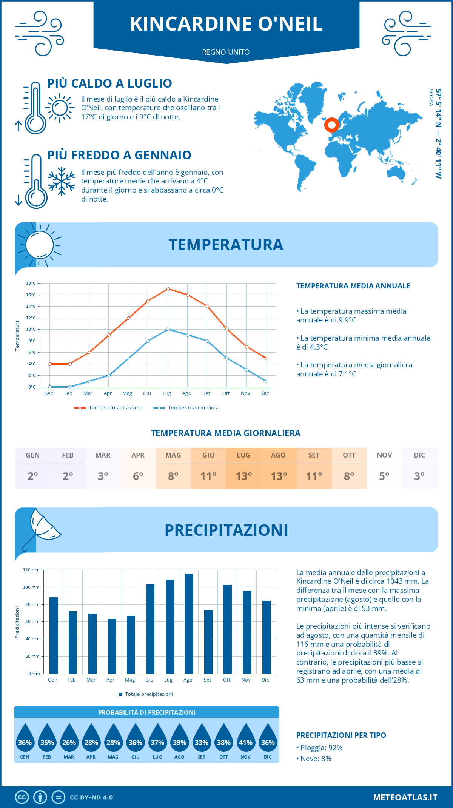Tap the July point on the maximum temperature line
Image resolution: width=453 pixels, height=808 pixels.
pyautogui.click(x=168, y=289)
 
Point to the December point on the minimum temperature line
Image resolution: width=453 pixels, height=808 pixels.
pyautogui.click(x=266, y=381)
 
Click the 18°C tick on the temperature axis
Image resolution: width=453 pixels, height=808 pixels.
pyautogui.click(x=31, y=283)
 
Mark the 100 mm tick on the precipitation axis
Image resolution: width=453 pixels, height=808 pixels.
pyautogui.click(x=31, y=587)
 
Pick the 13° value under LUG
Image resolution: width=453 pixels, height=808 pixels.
pyautogui.click(x=243, y=476)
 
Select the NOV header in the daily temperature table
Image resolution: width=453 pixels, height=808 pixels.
pyautogui.click(x=384, y=455)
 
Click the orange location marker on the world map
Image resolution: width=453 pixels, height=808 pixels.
pyautogui.click(x=331, y=125)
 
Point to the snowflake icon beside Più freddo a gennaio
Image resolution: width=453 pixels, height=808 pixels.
pyautogui.click(x=62, y=181)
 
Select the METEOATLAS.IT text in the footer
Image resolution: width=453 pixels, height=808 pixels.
pyautogui.click(x=405, y=797)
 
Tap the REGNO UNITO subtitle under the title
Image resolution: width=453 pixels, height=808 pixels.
pyautogui.click(x=226, y=52)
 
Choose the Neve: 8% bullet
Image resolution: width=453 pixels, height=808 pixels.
pyautogui.click(x=314, y=759)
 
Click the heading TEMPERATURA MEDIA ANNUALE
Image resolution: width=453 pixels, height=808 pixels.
pyautogui.click(x=353, y=286)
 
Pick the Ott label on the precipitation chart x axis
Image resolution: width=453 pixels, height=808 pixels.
pyautogui.click(x=226, y=680)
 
